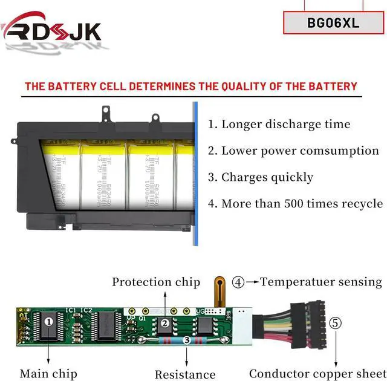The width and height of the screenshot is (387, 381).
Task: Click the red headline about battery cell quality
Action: (x=191, y=86)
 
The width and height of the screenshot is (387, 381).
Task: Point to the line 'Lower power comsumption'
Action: (x=293, y=151)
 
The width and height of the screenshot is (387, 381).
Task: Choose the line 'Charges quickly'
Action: (x=261, y=177)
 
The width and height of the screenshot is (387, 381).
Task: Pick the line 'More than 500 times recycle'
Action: (x=295, y=204)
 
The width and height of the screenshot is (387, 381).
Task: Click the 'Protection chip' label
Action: (x=156, y=282)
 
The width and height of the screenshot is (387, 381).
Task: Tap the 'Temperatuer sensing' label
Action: (x=321, y=282)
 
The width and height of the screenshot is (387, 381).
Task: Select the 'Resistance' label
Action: (x=185, y=375)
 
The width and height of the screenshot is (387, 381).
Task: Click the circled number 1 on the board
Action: (x=48, y=322)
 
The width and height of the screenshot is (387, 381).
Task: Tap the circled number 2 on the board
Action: (x=164, y=324)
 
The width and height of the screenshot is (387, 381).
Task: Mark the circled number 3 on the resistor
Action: (x=187, y=341)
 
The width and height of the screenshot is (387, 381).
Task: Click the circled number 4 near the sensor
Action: (x=239, y=282)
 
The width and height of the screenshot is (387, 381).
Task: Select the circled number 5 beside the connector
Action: (x=335, y=322)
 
